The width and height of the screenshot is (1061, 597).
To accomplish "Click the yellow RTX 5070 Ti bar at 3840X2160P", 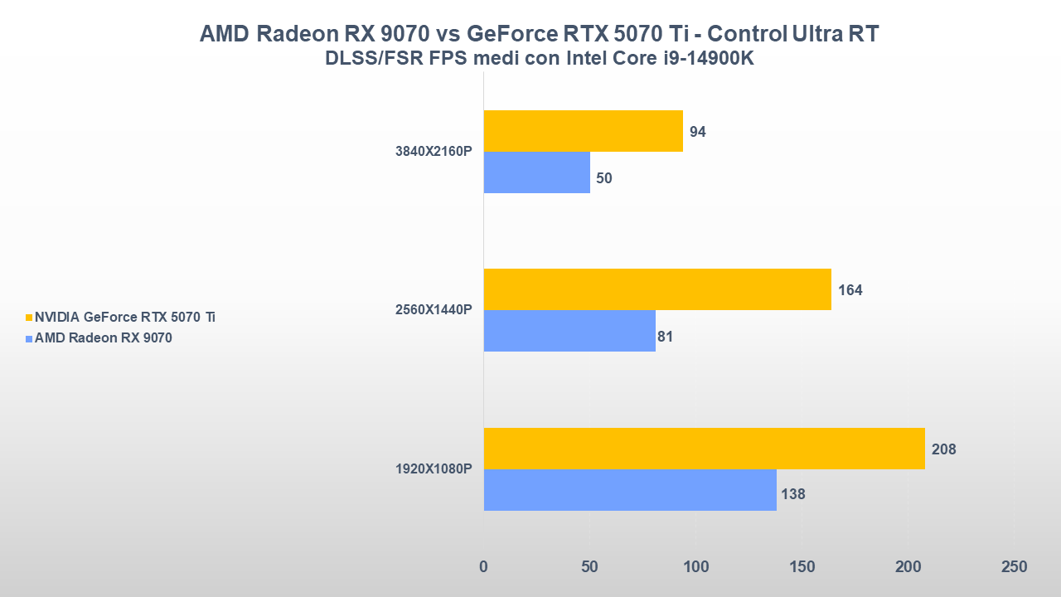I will coord(583,131).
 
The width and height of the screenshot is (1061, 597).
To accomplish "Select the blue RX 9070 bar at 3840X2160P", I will coord(536,172).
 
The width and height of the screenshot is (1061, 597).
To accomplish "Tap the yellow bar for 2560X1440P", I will coord(656,289).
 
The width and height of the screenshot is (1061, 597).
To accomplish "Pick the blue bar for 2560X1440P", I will coord(569,331).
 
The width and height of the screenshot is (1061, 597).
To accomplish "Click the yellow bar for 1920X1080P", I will coord(704,449).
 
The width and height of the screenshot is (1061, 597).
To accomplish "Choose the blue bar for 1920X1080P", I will coord(630,490).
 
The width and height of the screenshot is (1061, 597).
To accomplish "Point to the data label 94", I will coord(697,132).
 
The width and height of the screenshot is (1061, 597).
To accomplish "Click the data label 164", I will coord(850,290).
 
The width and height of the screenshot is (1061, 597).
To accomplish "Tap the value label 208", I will coord(943,449).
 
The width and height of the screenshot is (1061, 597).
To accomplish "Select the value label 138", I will coord(792,494).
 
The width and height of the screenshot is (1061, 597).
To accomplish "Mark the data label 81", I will coord(665,337).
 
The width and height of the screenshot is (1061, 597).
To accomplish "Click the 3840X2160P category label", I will coord(434,152).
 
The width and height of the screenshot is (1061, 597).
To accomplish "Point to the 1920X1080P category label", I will coord(434,469).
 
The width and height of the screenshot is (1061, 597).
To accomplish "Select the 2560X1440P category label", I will coord(434,310).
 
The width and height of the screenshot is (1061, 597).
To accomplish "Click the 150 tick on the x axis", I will coord(802,567).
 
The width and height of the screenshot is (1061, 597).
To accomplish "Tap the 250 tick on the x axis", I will coord(1014,567).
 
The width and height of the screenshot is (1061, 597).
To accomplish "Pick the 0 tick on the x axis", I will coord(484,567).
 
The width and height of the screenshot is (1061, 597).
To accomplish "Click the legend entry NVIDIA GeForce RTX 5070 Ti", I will coord(125,317).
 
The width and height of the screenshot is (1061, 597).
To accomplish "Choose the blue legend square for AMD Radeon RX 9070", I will coord(29,338).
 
